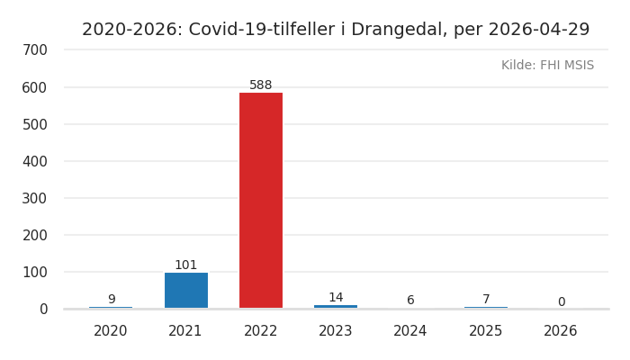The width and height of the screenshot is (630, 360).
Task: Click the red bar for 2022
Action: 261,200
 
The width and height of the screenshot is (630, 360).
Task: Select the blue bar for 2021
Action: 185,290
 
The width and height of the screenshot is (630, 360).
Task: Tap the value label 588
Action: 261,85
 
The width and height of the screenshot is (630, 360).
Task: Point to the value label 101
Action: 185,265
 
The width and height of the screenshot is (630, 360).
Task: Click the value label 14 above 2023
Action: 336,298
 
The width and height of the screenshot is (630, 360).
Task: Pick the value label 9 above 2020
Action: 111,300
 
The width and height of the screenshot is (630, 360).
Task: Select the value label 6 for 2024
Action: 410,301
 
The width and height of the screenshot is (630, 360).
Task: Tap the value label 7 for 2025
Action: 486,300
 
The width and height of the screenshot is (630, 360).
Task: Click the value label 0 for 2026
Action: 561,302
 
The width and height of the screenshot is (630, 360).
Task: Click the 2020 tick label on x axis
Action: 111,331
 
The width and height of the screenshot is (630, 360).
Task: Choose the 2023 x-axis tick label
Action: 336,331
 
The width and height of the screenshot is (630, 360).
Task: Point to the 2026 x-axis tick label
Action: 561,331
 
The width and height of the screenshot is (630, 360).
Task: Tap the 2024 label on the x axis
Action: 410,331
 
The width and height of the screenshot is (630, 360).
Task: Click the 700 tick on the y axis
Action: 34,50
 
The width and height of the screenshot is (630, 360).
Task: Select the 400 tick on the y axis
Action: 34,161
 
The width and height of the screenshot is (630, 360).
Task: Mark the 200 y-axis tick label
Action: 34,235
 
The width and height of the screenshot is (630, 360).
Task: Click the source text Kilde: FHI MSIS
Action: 547,66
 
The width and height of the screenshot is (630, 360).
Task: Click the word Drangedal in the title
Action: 397,30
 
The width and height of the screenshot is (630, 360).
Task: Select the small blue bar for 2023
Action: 336,307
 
